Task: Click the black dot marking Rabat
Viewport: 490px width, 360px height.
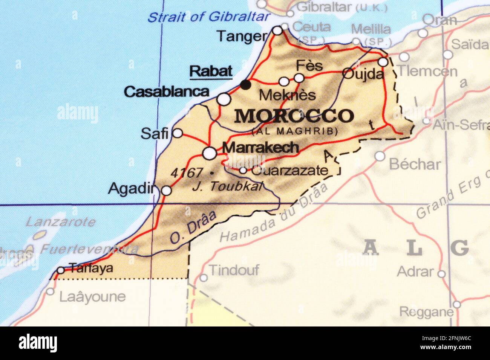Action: pyautogui.click(x=246, y=85)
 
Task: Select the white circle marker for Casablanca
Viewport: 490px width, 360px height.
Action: pyautogui.click(x=224, y=99)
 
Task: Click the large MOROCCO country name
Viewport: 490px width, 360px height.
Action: pyautogui.click(x=294, y=116)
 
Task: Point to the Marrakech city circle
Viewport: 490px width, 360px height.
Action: pyautogui.click(x=210, y=153)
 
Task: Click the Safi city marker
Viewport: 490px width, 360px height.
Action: pyautogui.click(x=178, y=133)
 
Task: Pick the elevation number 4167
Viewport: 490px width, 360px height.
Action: pyautogui.click(x=187, y=173)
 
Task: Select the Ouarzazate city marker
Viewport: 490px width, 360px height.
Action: pyautogui.click(x=243, y=171)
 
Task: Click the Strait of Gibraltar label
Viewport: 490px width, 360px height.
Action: pyautogui.click(x=209, y=17)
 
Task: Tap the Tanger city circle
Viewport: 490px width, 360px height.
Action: pyautogui.click(x=277, y=31)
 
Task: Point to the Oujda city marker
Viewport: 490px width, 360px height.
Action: pyautogui.click(x=383, y=62)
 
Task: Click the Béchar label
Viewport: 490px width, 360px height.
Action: pyautogui.click(x=415, y=164)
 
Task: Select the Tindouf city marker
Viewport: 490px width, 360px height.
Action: pyautogui.click(x=204, y=278)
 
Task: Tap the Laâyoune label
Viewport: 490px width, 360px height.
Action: pyautogui.click(x=92, y=297)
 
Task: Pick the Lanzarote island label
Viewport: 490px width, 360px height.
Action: pyautogui.click(x=60, y=222)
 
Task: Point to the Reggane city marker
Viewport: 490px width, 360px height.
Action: pyautogui.click(x=456, y=304)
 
